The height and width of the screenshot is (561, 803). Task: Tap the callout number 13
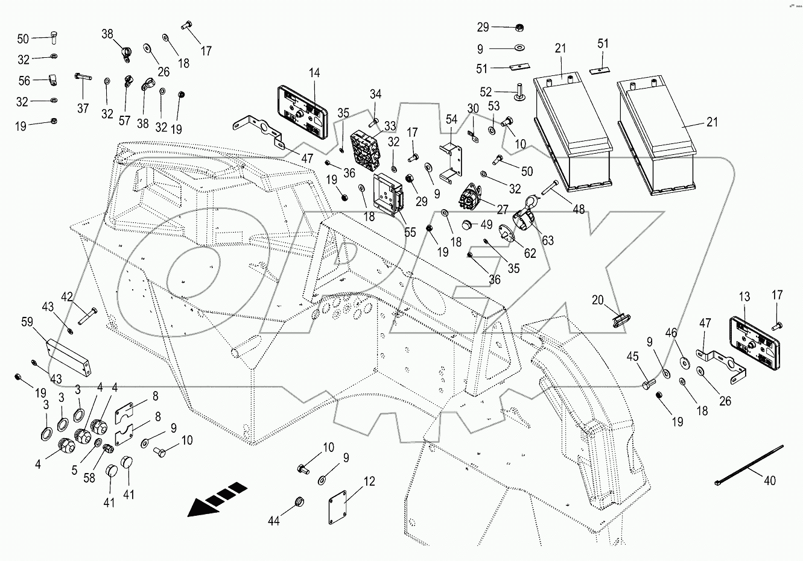tap(744, 296)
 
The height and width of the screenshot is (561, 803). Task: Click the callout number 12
tap(369, 481)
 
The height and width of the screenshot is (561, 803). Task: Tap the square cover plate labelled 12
tap(339, 504)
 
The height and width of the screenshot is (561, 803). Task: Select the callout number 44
tap(274, 521)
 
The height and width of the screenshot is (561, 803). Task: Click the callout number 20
tap(597, 300)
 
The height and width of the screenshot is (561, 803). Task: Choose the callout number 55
tap(410, 232)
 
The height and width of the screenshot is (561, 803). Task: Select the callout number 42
tap(67, 296)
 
